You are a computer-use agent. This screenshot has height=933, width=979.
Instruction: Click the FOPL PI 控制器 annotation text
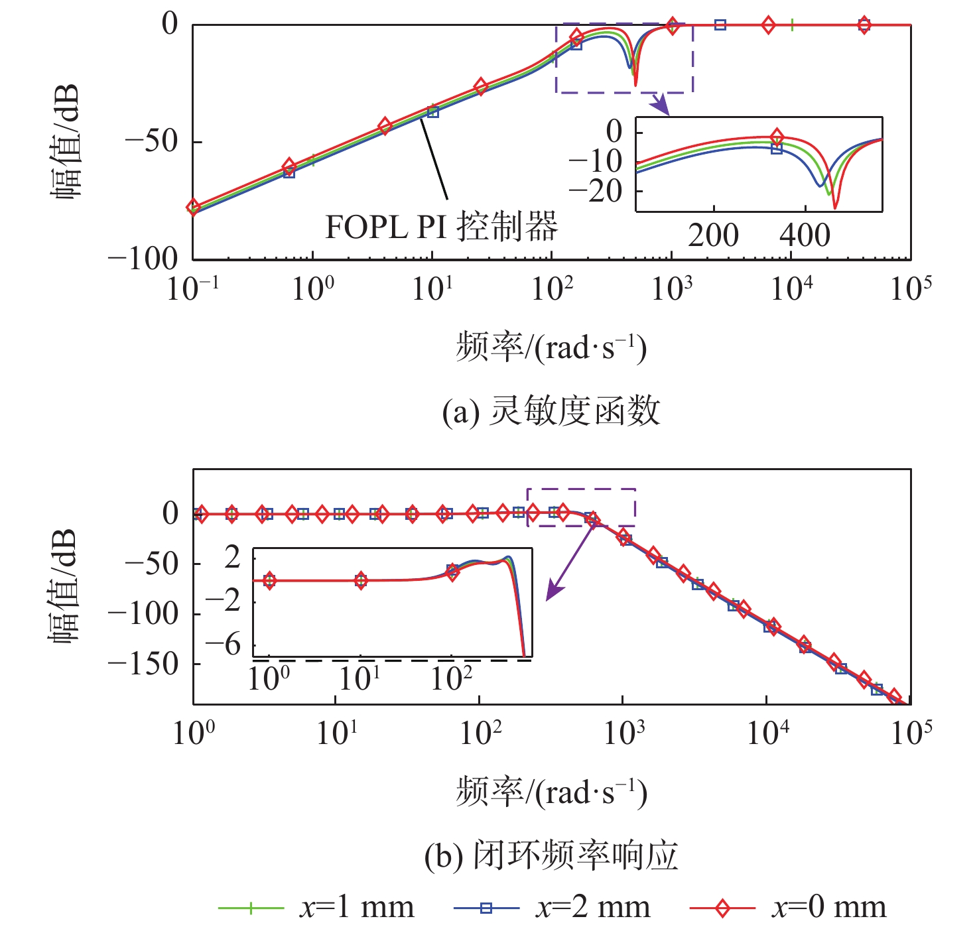tap(441, 227)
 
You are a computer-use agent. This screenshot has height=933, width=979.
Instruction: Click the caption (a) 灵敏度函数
tap(551, 411)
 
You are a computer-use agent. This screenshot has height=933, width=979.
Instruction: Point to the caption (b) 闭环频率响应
tap(551, 855)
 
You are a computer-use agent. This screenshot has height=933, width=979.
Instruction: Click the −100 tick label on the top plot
tap(143, 259)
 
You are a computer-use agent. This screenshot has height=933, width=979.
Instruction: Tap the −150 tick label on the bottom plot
tap(143, 663)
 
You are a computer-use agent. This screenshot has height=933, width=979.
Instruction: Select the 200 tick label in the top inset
tap(713, 235)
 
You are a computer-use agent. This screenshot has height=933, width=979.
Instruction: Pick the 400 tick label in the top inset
tap(805, 235)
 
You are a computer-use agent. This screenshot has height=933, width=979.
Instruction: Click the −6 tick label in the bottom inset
tap(223, 645)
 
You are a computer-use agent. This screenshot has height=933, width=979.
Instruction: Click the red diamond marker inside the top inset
tap(777, 137)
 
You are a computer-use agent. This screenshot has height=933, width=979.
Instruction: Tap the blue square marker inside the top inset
tap(777, 149)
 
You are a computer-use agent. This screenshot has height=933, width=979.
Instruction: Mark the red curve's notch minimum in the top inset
tap(835, 208)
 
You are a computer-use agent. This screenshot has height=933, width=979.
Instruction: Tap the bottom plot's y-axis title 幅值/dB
tap(65, 587)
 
